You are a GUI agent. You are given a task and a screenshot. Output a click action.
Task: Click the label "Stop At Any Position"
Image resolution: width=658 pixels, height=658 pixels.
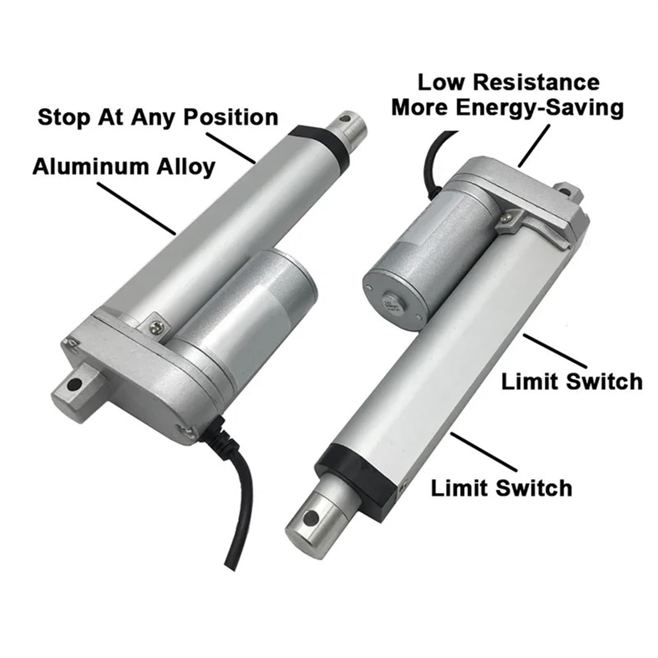tap(158, 118)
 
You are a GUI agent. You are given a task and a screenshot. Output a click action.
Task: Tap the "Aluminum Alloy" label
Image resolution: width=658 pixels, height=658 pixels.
tap(124, 167)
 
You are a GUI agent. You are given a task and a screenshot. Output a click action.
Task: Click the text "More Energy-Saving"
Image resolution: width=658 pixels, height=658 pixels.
tap(507, 108)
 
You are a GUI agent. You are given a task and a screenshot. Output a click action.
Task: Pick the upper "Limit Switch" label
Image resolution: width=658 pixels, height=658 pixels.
tap(572, 381)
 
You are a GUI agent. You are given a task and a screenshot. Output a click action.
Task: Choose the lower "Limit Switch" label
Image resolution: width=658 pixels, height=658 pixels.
tap(501, 489)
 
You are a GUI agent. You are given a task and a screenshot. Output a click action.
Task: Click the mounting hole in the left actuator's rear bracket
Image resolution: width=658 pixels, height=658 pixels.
tap(74, 385)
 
